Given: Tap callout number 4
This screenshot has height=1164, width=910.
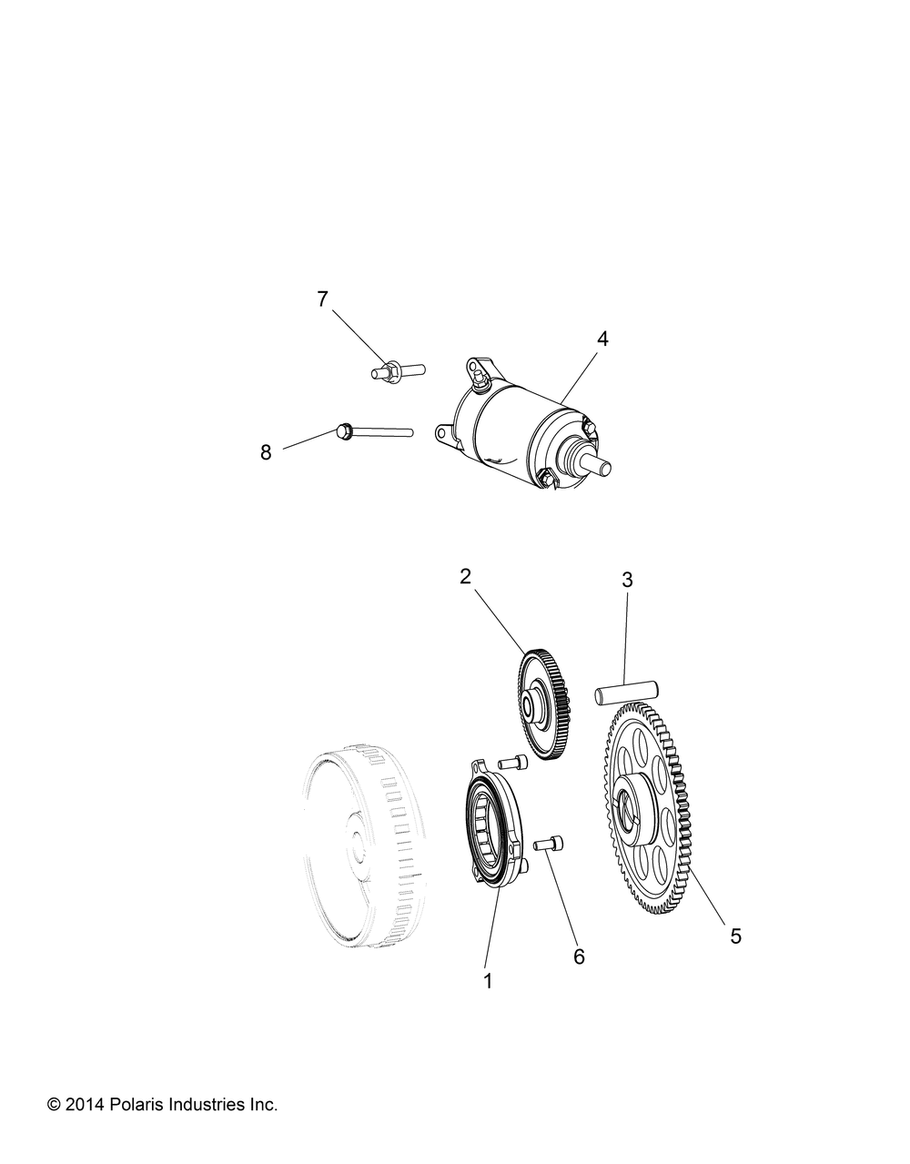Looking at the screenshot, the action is [x=602, y=339].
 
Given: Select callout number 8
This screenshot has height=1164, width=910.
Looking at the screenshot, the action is [x=266, y=452].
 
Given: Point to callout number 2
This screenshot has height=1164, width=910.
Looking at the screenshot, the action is [x=465, y=576].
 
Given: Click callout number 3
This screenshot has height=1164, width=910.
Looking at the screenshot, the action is [x=627, y=580].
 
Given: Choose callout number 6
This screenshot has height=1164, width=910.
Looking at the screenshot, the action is [x=579, y=957].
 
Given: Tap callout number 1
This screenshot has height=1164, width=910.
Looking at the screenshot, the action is [x=488, y=981].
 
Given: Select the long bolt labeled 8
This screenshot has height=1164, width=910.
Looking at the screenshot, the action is [x=374, y=430].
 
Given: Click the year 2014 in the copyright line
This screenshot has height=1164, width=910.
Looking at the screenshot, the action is [x=84, y=1104].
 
